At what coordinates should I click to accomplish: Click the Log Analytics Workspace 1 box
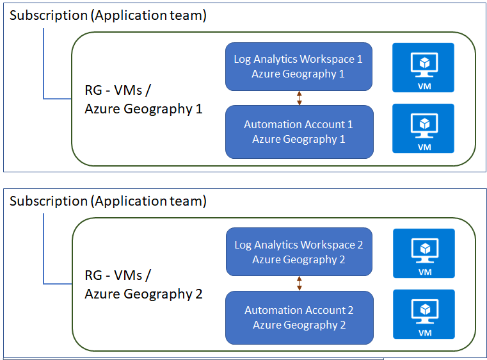(299, 67)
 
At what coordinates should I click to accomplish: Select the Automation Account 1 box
(299, 132)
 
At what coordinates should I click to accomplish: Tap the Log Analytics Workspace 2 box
(299, 252)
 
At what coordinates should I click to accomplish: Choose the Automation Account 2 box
(299, 318)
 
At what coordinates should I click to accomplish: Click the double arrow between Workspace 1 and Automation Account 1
(299, 98)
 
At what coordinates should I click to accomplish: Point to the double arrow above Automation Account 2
(299, 283)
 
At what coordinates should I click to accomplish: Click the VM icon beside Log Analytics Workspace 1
(424, 67)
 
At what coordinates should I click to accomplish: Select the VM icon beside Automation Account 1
(424, 128)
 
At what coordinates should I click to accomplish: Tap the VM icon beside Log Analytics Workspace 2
(424, 254)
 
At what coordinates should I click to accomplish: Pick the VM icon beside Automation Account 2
(424, 315)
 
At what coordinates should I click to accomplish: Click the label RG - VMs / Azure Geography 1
(143, 99)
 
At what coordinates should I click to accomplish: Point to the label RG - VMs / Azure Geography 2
(143, 285)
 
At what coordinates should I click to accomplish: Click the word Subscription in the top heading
(49, 15)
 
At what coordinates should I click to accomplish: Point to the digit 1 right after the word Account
(350, 125)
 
